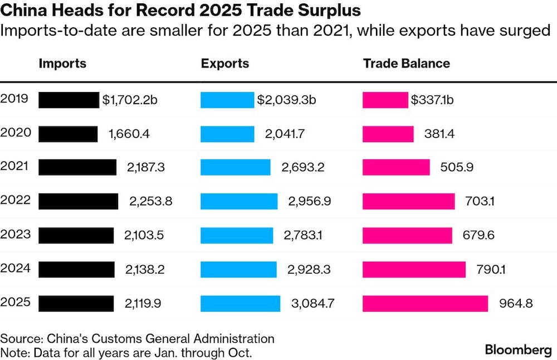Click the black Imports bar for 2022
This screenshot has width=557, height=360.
point(78,201)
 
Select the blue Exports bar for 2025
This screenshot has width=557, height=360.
point(240,303)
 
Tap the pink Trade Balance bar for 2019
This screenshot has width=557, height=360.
point(385,100)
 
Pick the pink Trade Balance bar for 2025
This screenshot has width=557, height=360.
point(425,303)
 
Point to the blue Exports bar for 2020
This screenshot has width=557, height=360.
point(227,134)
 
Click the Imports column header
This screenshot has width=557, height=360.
point(62,63)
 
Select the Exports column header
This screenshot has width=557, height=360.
point(225,63)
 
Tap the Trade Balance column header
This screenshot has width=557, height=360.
point(406,63)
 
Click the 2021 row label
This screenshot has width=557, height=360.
point(16,167)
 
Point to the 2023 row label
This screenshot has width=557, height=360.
point(16,235)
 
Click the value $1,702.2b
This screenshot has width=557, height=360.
point(130,100)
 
